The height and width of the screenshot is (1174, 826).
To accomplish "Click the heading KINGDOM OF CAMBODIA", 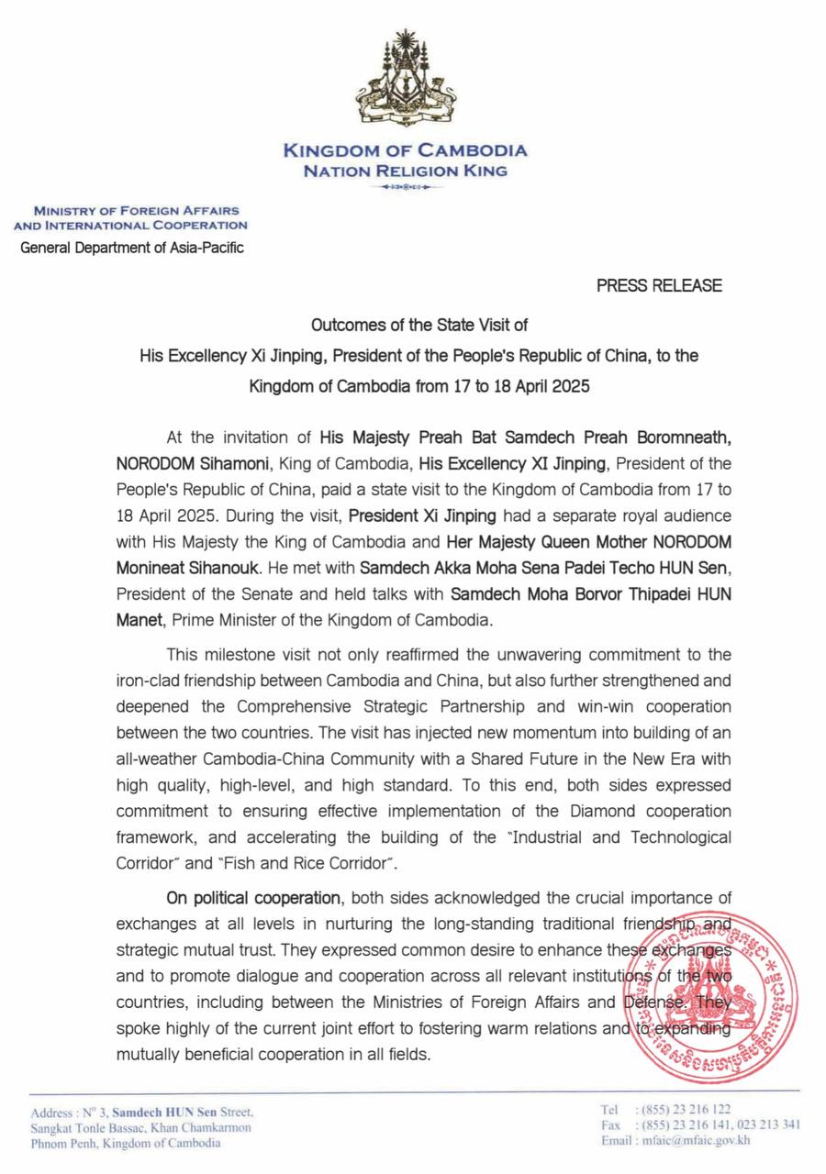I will pyautogui.click(x=405, y=150).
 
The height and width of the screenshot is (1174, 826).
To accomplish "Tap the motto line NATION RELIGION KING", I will pyautogui.click(x=405, y=171).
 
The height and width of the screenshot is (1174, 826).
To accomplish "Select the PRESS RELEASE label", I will pyautogui.click(x=659, y=285).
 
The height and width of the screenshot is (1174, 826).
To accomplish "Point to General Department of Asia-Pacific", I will pyautogui.click(x=132, y=247).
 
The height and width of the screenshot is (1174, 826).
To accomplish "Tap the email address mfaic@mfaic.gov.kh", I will pyautogui.click(x=689, y=1141).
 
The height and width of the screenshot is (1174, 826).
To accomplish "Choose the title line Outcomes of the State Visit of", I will pyautogui.click(x=419, y=326).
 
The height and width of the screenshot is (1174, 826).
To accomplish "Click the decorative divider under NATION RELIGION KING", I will pyautogui.click(x=405, y=187).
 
